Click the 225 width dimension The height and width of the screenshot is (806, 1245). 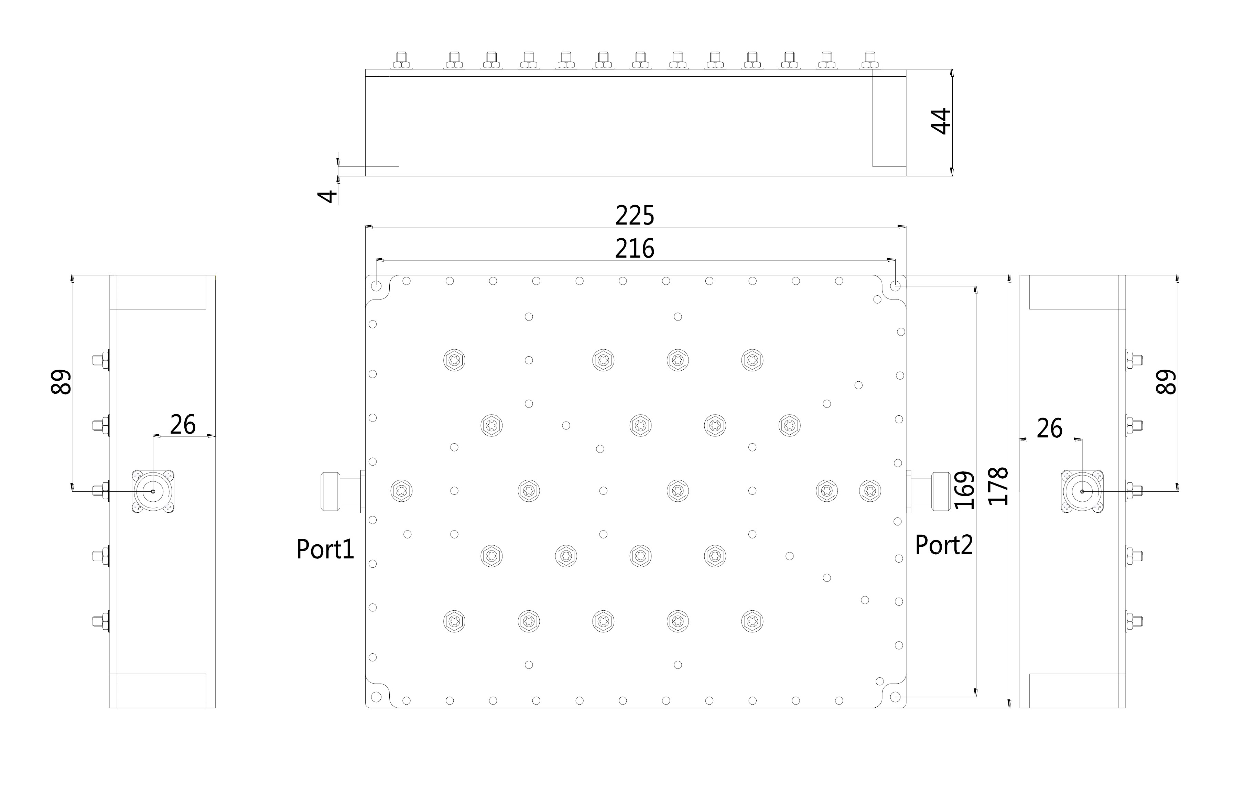click(x=635, y=216)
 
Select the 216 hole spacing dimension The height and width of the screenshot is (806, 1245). click(x=635, y=249)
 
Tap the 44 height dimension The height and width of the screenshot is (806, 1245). click(x=942, y=121)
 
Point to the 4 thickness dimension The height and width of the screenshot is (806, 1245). click(x=328, y=196)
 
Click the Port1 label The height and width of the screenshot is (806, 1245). click(x=325, y=549)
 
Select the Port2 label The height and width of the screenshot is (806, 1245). click(x=944, y=545)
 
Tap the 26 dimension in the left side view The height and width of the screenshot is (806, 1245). click(x=183, y=424)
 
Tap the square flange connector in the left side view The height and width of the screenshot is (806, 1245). click(x=153, y=491)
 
